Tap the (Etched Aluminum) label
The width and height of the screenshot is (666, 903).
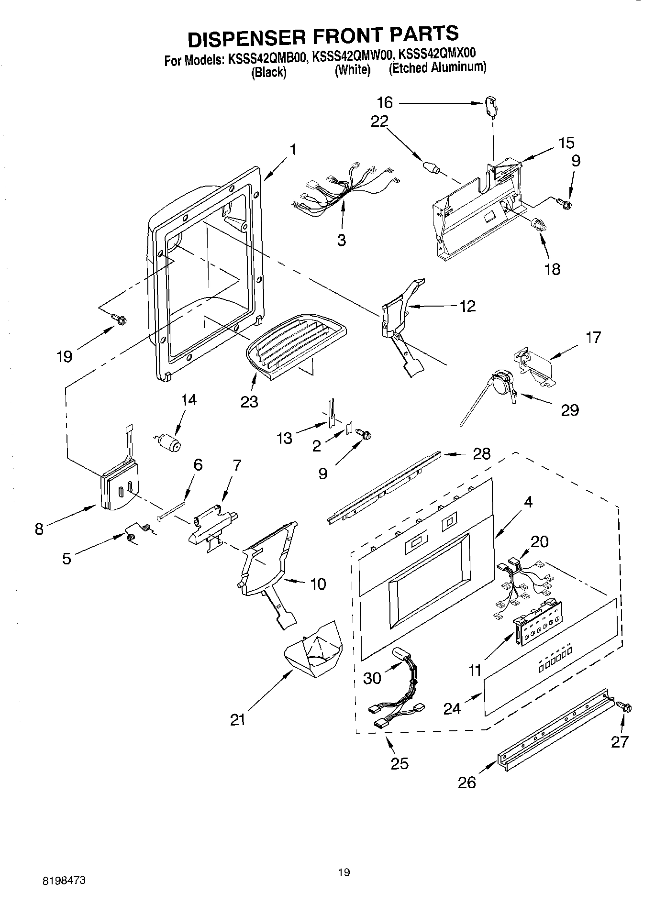437,67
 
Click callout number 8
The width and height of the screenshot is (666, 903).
40,529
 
